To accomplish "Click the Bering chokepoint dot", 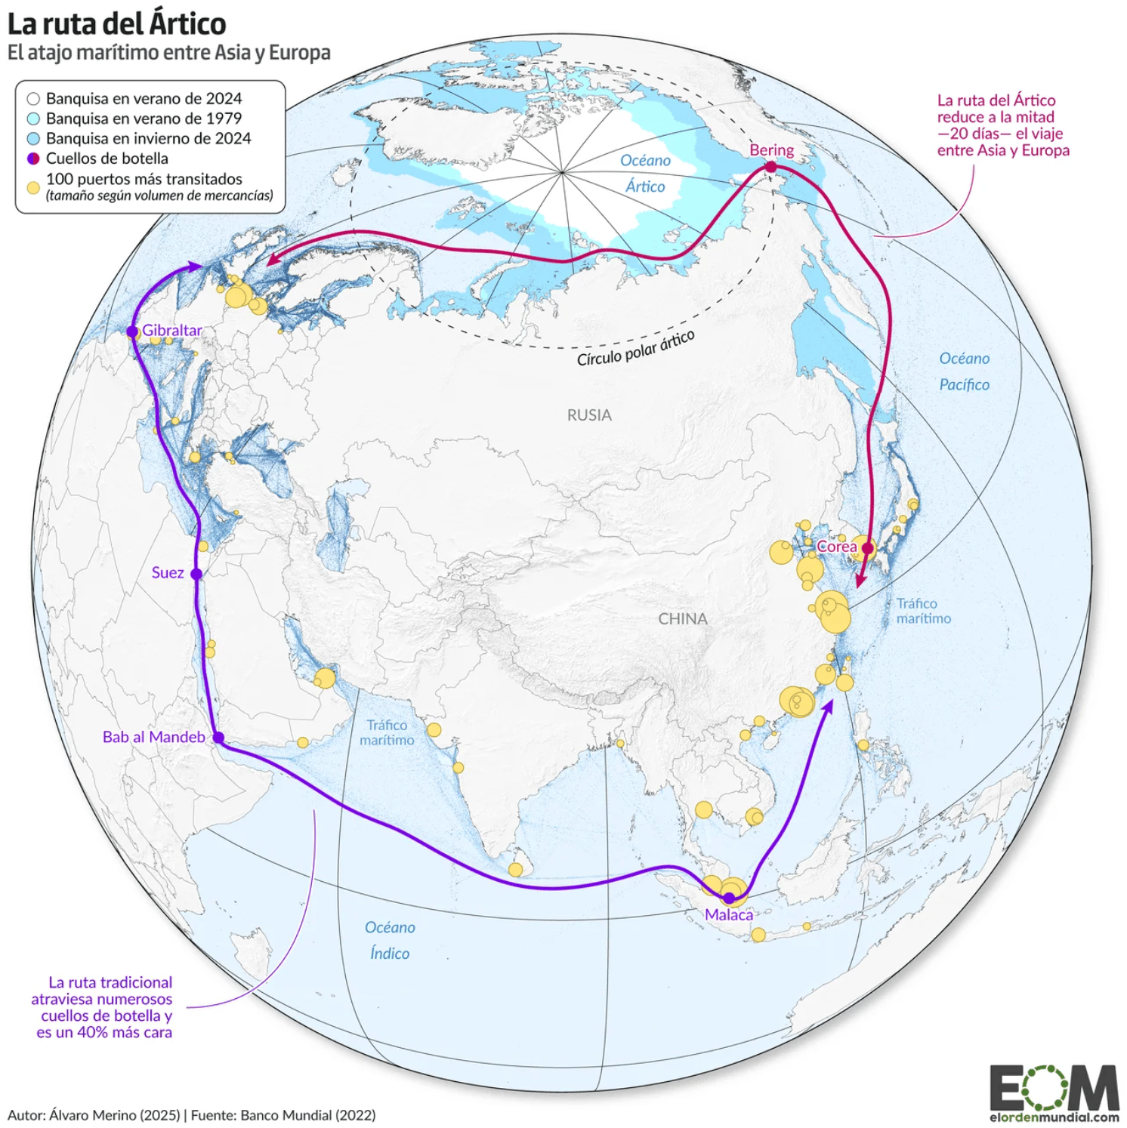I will pos(770,166).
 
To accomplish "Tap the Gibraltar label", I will pos(171,330).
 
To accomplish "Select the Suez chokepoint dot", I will pos(196,574).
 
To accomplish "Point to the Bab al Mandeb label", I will pos(153,737).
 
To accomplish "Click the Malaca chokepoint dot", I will pos(729,898).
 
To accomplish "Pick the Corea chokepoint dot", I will pos(867,548).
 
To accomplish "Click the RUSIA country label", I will pos(589,415).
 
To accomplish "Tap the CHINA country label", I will pos(683,619).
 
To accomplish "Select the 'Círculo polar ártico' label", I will pos(635,348).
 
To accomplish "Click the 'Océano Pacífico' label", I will pos(964,371).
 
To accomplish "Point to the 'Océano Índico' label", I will pos(390,940).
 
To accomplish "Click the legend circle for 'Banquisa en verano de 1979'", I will pos(33,119).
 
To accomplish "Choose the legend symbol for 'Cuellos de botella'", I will pos(33,159).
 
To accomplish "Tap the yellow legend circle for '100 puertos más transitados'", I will pos(33,187).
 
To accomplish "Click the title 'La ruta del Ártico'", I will pos(117,24).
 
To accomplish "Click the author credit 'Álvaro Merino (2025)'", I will pos(114,1114).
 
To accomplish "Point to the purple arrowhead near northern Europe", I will pos(195,266).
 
